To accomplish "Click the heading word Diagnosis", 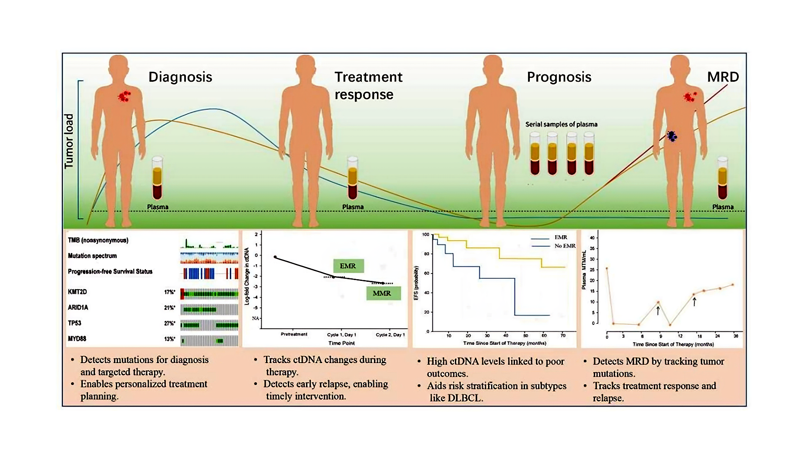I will click(x=180, y=77).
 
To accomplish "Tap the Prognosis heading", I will click(x=559, y=77).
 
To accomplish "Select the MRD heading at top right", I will click(x=723, y=77).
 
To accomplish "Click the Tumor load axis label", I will click(x=69, y=141).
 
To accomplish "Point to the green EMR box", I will click(x=348, y=266).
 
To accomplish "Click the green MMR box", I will click(x=382, y=293).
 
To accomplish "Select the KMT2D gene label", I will click(x=77, y=292).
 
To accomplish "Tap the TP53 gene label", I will click(x=74, y=323).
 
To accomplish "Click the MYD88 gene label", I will click(x=77, y=339).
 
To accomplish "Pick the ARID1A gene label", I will click(x=78, y=307).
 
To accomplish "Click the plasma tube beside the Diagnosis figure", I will click(x=157, y=178).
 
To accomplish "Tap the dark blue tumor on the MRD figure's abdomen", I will click(x=672, y=136).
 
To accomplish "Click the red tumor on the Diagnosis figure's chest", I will click(x=125, y=96).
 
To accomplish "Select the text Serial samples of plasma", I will click(x=561, y=124).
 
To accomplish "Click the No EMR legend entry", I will click(x=565, y=246).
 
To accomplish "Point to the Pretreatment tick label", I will click(x=294, y=334).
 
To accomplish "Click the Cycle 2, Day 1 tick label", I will click(x=390, y=334).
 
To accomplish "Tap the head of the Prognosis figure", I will click(x=492, y=66).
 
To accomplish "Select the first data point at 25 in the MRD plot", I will click(x=607, y=268).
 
